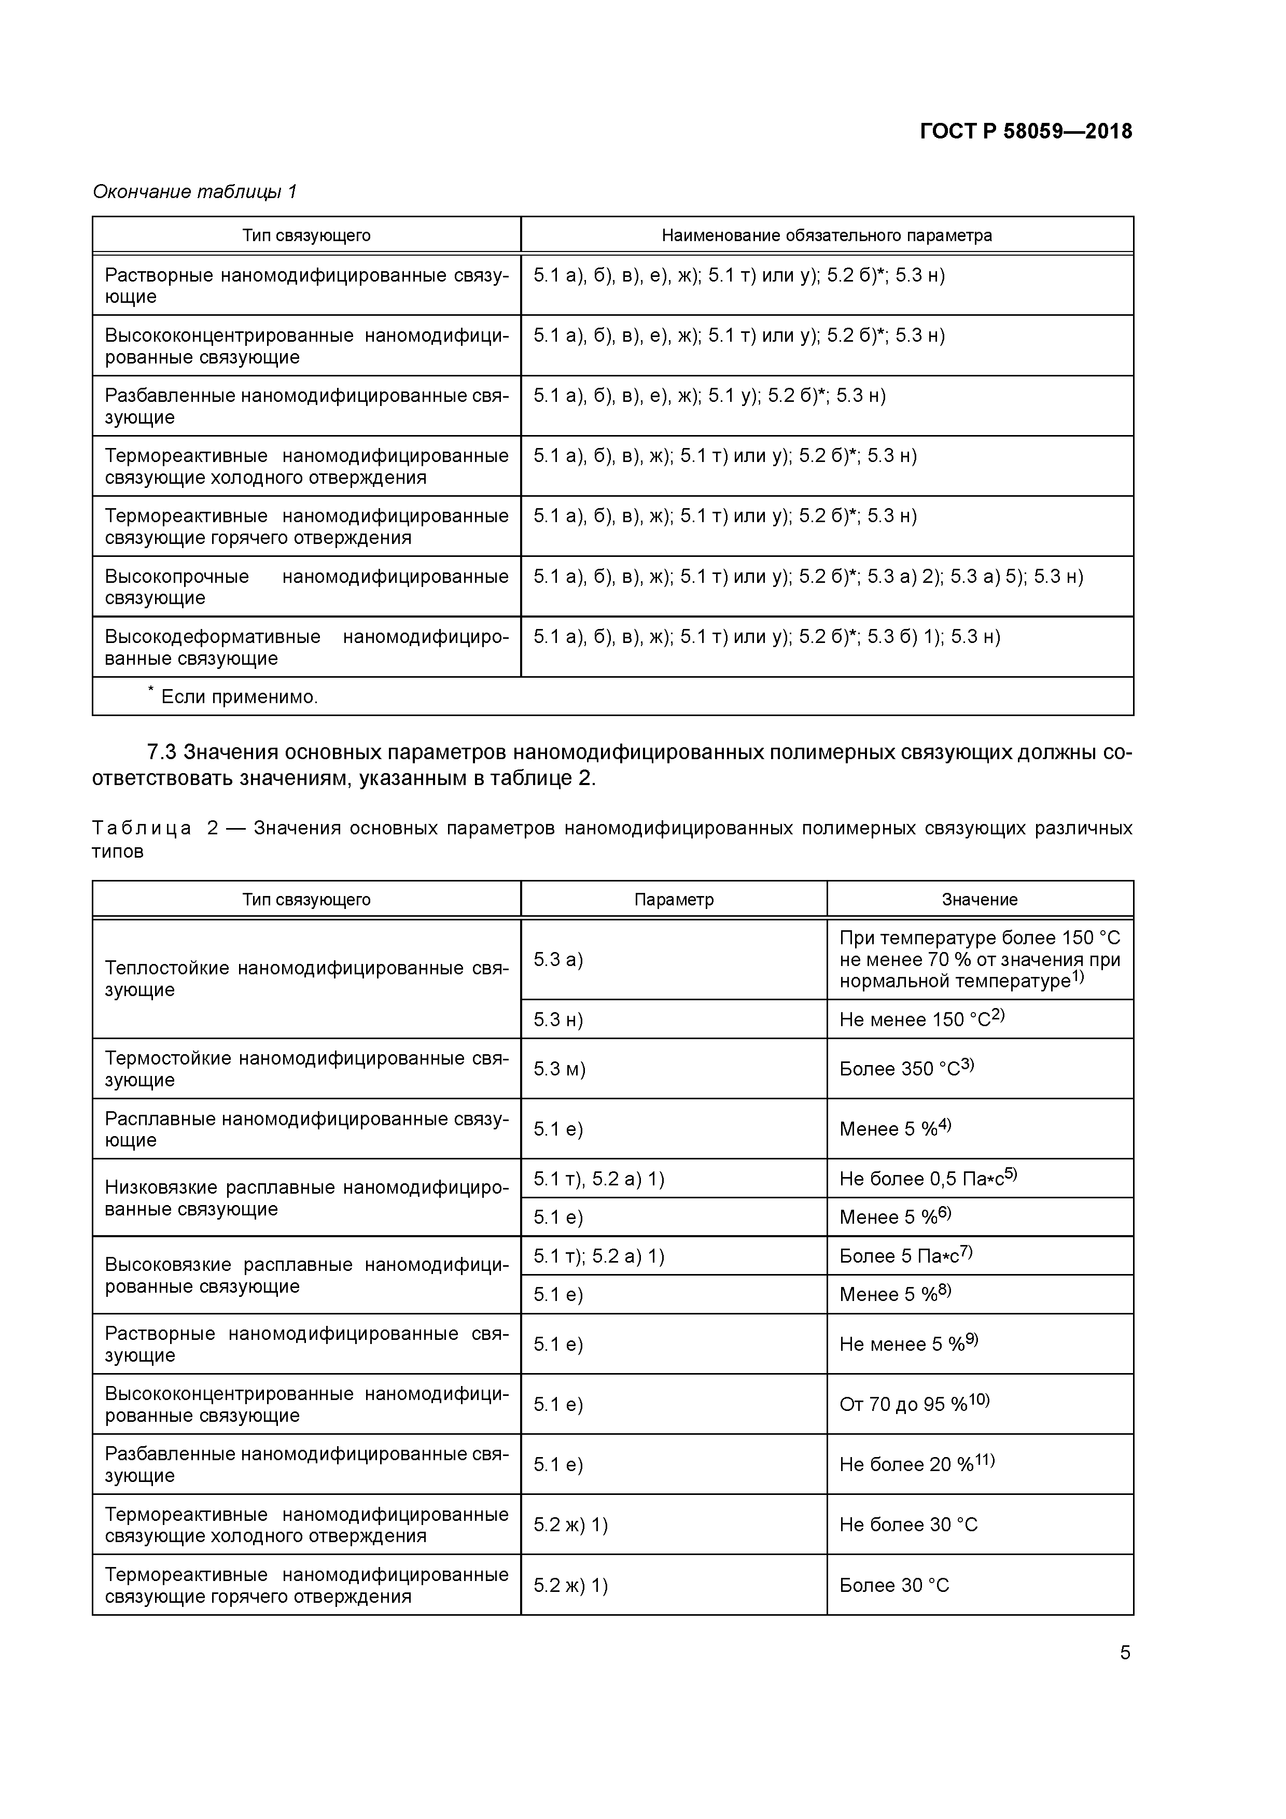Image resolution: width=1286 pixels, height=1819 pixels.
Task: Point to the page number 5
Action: [1124, 1653]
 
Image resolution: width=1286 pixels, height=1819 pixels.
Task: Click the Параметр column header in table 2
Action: [674, 899]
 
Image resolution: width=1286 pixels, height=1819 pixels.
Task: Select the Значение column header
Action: [980, 899]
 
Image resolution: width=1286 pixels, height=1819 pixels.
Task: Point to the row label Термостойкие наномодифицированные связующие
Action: [306, 1069]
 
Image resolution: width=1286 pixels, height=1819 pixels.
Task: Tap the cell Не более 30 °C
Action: [908, 1524]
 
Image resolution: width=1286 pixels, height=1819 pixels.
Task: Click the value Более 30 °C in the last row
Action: [894, 1585]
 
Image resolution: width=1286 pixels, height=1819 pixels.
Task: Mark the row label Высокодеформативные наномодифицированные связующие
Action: [306, 647]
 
